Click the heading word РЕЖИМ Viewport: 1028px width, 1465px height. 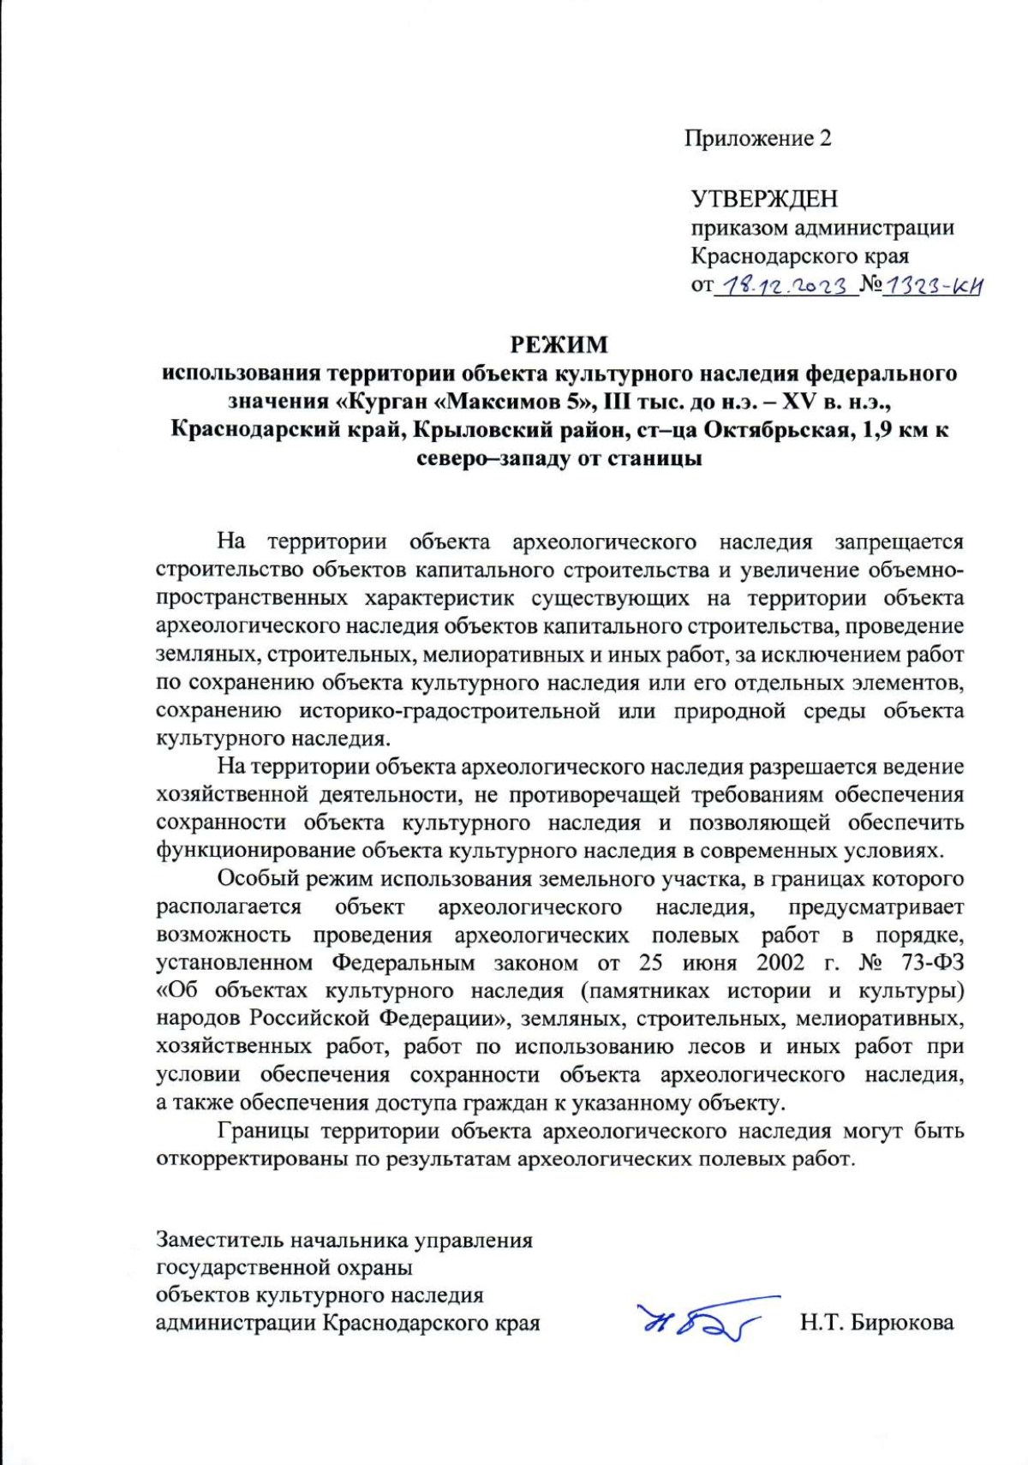point(559,344)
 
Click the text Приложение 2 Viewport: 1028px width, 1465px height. point(757,138)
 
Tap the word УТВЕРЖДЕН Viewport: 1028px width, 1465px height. point(764,199)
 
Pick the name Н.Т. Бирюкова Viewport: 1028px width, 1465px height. point(876,1323)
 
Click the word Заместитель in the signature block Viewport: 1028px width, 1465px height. point(220,1240)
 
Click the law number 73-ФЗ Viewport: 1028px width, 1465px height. point(933,962)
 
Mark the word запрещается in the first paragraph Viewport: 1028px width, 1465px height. point(899,541)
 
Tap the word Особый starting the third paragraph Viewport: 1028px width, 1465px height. point(257,878)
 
